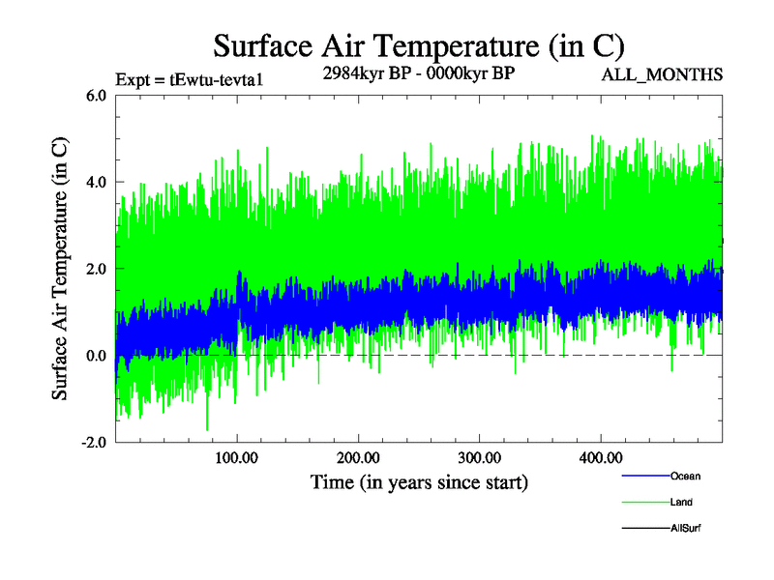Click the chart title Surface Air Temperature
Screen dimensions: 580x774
coord(419,45)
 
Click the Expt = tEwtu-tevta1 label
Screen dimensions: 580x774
coord(190,81)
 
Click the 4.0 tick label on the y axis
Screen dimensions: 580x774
coord(96,182)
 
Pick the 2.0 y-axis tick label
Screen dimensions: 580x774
coord(96,269)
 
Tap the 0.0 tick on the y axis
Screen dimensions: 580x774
coord(96,356)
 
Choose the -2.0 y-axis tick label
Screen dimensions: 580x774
coord(94,443)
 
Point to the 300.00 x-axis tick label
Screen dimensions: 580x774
coord(479,457)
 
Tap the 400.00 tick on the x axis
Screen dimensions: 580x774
coord(600,457)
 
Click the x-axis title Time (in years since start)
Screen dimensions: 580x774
coord(419,481)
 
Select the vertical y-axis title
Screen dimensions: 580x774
coord(60,269)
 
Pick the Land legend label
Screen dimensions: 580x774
coord(681,503)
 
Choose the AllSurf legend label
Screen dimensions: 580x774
coord(686,529)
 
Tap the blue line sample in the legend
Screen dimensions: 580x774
coord(642,477)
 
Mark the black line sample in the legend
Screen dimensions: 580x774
coord(642,529)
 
